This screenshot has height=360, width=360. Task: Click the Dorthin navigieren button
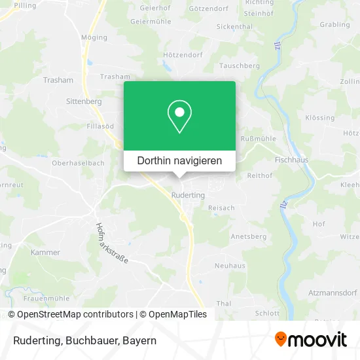click(179, 160)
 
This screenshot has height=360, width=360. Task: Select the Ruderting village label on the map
click(188, 195)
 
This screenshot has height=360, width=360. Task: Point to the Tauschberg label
click(239, 66)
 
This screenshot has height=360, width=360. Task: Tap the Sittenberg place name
click(84, 101)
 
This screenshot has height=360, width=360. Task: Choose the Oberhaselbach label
click(78, 164)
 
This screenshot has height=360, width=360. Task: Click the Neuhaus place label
click(230, 266)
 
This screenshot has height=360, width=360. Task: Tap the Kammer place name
click(45, 252)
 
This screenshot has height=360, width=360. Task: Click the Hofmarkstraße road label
click(111, 243)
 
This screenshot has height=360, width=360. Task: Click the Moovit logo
click(310, 340)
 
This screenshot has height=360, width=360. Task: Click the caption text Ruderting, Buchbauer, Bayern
click(82, 340)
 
